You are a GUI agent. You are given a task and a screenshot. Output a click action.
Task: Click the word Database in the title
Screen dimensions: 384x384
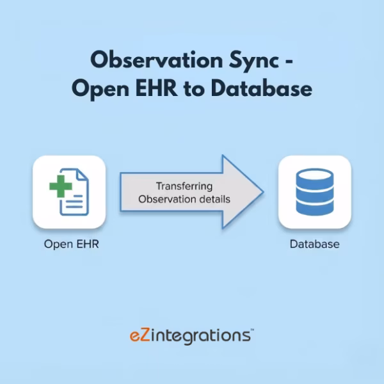(262, 88)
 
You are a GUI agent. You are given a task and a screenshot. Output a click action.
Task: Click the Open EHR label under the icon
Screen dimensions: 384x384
(72, 244)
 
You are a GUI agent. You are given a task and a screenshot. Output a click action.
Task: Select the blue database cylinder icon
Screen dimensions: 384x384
(314, 192)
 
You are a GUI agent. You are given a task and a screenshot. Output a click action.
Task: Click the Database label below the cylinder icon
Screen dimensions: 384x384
(314, 244)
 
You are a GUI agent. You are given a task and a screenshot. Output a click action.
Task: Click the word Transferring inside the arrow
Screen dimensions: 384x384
(182, 186)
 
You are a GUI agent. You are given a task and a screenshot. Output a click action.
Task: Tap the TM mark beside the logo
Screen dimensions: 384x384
(252, 331)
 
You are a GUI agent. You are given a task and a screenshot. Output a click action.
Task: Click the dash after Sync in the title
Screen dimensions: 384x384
(289, 61)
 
